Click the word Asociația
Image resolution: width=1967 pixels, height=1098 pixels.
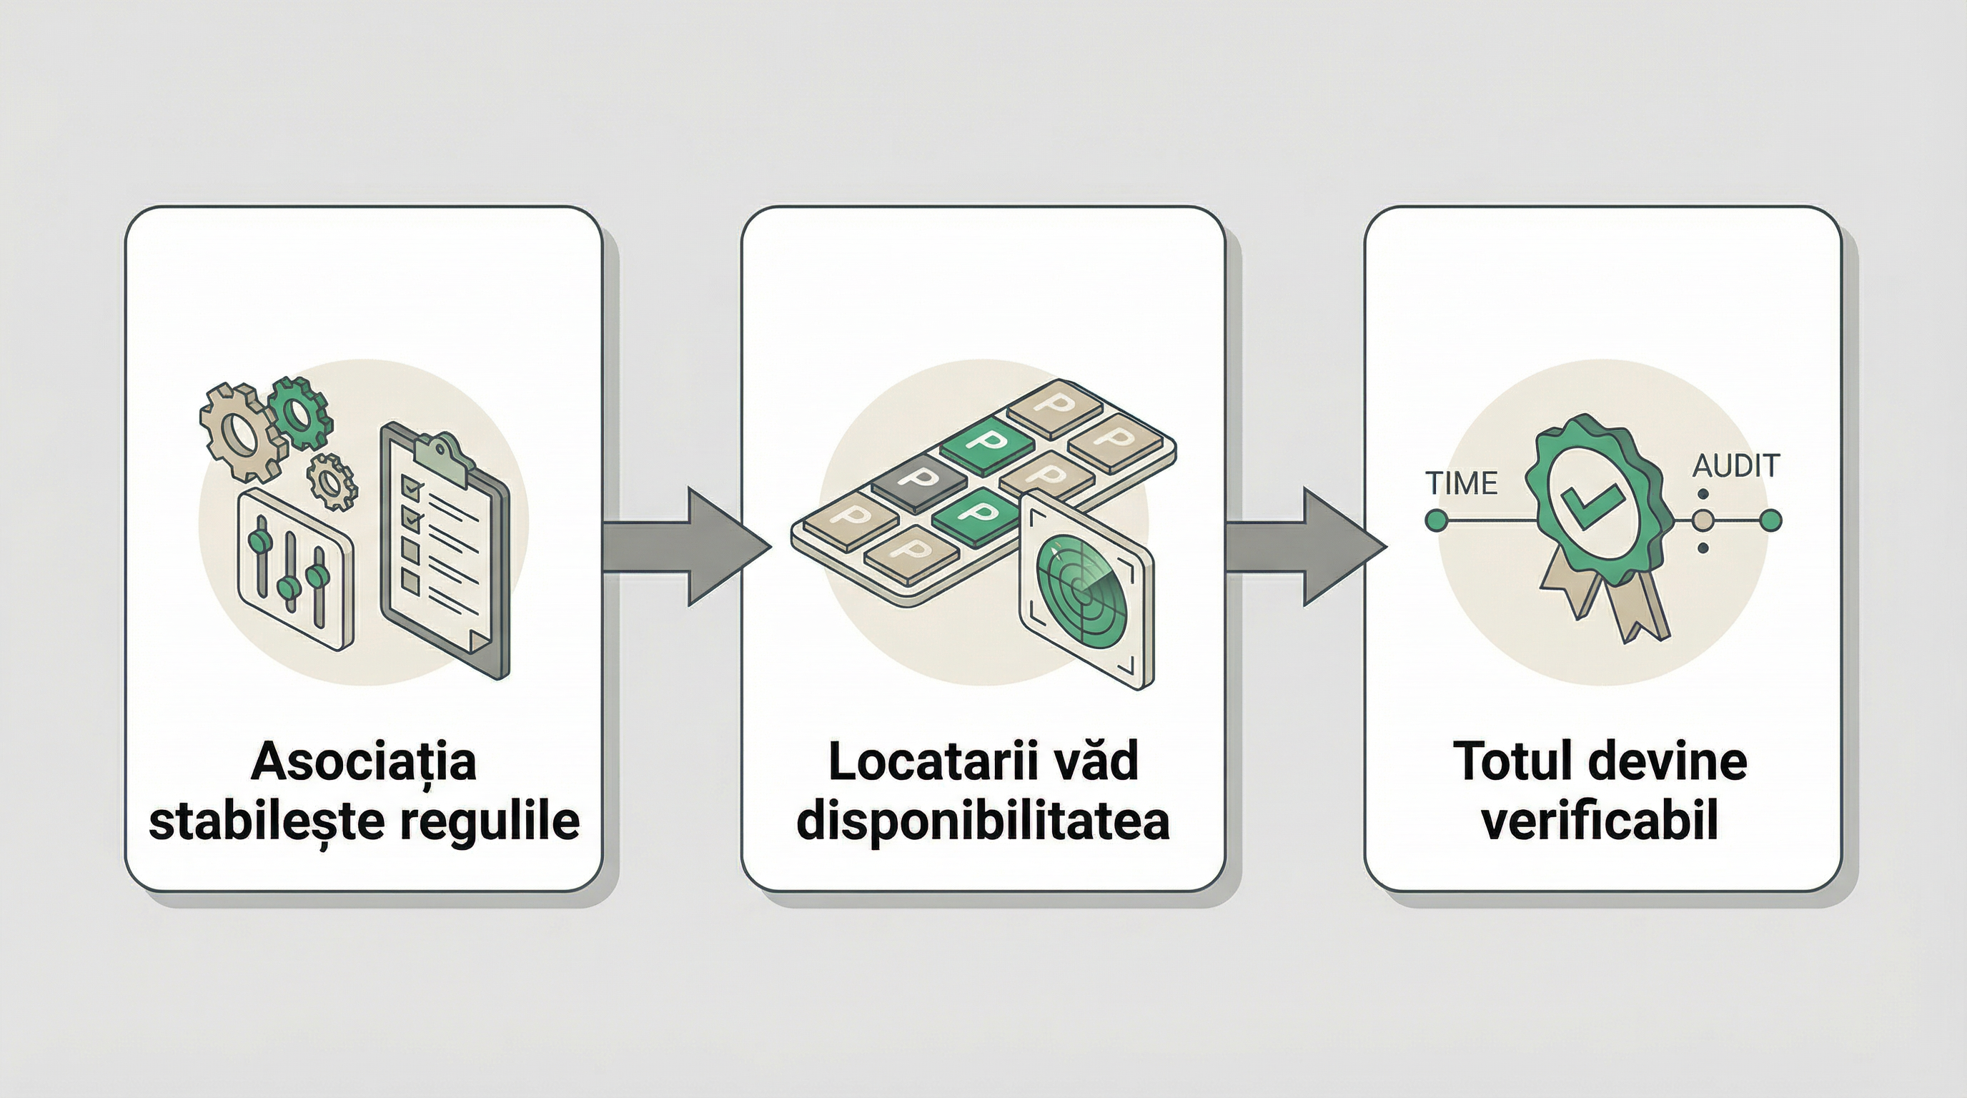pos(364,762)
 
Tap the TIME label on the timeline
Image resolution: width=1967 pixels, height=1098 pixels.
pos(1461,483)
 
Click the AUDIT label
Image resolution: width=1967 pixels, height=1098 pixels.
pos(1735,466)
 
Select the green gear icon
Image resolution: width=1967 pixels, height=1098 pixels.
pos(300,412)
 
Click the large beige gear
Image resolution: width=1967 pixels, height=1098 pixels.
pos(243,432)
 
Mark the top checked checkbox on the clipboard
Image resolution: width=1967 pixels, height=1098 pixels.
pos(412,486)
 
